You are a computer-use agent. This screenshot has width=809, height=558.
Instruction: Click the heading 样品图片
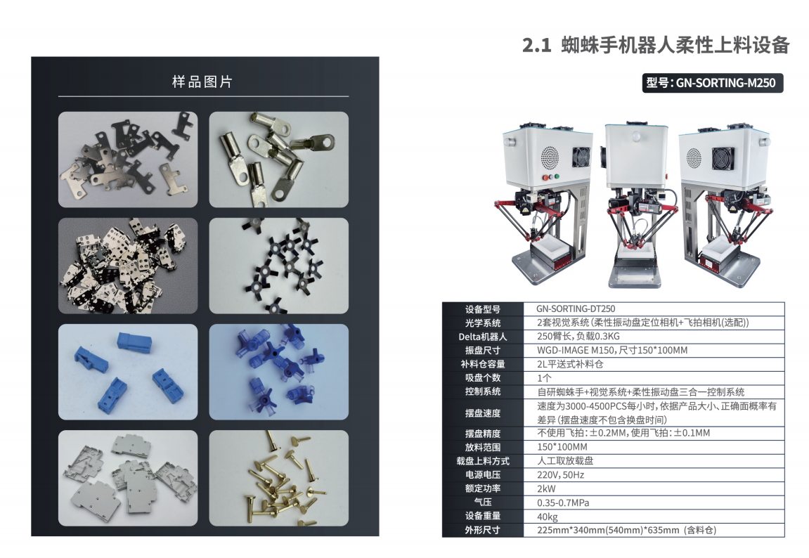click(202, 82)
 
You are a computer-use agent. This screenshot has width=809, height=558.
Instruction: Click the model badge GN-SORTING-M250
click(713, 83)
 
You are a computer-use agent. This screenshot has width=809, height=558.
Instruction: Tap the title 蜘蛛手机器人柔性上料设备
click(675, 45)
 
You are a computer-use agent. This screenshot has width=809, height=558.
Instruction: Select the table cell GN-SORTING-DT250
click(576, 309)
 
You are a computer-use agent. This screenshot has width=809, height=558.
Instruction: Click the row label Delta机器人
click(482, 337)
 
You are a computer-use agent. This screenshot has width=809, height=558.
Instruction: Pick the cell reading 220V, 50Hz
click(560, 475)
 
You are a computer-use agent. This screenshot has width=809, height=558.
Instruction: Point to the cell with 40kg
click(548, 517)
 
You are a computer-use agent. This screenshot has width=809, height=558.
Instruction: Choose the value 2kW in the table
click(546, 489)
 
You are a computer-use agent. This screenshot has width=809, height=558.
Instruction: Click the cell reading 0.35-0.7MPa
click(563, 502)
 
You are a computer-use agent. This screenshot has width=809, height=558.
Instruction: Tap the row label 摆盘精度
click(482, 434)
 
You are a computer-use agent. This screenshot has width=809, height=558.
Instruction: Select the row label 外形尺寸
click(482, 530)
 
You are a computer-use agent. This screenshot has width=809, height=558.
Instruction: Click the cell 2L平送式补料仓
click(570, 364)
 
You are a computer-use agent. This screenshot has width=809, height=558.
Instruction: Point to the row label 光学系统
click(482, 323)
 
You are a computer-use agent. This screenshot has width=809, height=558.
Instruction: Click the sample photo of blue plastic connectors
click(128, 372)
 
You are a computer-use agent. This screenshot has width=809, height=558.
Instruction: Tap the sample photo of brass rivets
click(278, 478)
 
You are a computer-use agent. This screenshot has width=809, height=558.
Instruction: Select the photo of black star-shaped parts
click(278, 266)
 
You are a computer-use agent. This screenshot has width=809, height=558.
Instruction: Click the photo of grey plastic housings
click(128, 478)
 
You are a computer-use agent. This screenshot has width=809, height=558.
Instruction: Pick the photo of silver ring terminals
click(278, 160)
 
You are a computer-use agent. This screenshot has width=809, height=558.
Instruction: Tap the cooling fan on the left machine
click(581, 156)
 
